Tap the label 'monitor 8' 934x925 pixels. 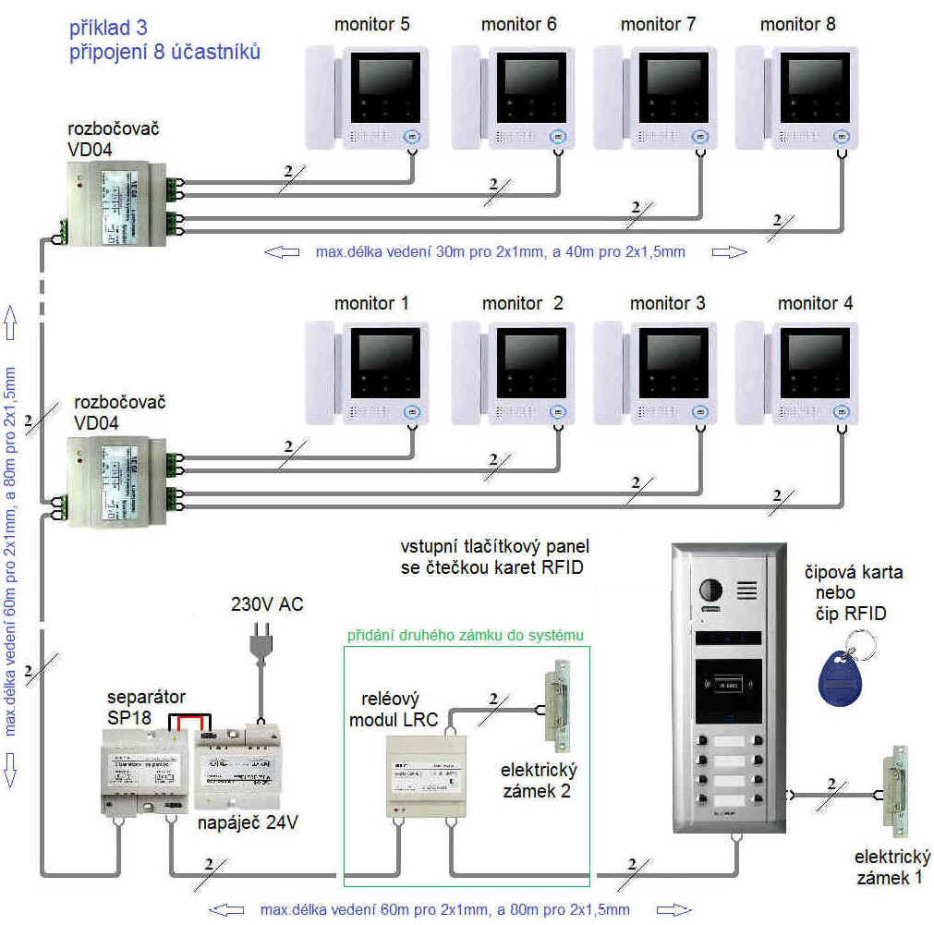pyautogui.click(x=797, y=25)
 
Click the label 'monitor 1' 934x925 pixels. pyautogui.click(x=371, y=304)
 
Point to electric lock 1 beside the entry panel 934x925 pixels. pyautogui.click(x=894, y=790)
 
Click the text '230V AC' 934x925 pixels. pyautogui.click(x=266, y=605)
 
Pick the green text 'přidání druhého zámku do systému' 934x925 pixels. pyautogui.click(x=466, y=636)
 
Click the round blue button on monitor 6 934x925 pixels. pyautogui.click(x=557, y=137)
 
